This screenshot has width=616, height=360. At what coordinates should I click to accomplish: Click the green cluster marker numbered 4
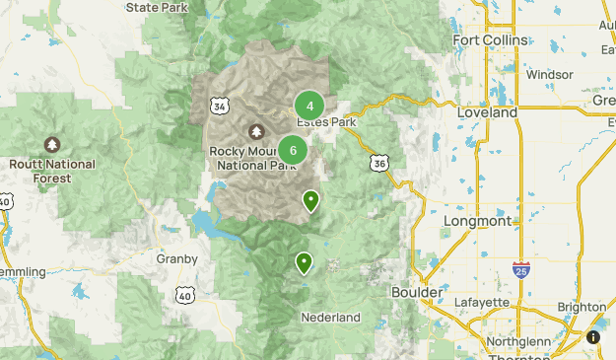coord(309,106)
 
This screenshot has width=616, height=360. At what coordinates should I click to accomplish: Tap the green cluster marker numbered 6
coord(292,150)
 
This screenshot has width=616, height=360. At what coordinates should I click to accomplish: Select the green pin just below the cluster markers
coord(310,201)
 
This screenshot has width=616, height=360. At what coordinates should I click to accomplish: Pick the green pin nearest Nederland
coord(304,262)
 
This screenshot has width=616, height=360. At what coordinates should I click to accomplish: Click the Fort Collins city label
coord(487,39)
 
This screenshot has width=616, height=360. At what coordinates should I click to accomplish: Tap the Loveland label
coord(487,113)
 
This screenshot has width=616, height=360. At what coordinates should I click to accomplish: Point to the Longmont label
coord(477,221)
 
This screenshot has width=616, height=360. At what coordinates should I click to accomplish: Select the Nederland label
coord(330,318)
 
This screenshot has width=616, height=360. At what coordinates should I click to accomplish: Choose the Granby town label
coord(177,258)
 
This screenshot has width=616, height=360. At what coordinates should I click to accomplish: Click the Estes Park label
coord(325,122)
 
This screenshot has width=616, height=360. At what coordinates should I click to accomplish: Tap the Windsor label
coord(549,74)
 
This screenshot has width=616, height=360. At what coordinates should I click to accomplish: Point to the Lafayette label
coord(482,302)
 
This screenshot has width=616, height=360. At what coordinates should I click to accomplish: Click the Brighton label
coord(582,307)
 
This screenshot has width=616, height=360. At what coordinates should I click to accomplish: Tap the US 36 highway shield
coord(378,163)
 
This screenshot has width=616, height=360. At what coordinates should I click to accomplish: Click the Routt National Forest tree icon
coord(51,145)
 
